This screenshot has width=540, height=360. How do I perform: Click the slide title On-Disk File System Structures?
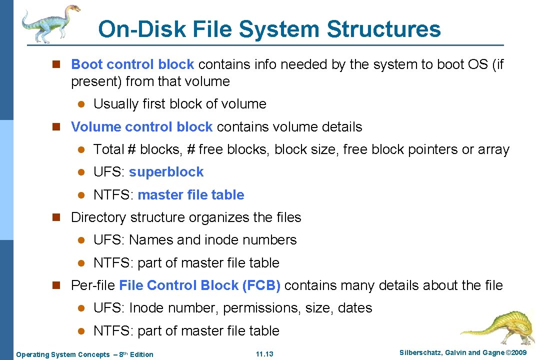tap(269, 29)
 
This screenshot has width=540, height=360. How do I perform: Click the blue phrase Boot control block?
tap(132, 64)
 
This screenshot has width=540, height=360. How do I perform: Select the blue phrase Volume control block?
tap(142, 127)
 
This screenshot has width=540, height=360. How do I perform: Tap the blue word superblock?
tap(166, 172)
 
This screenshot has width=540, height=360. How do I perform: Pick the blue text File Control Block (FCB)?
tap(199, 285)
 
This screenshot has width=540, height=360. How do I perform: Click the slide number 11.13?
tap(264, 354)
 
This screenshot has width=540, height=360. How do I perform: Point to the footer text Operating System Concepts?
tap(62, 354)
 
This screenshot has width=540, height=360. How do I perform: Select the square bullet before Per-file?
tap(56, 285)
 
